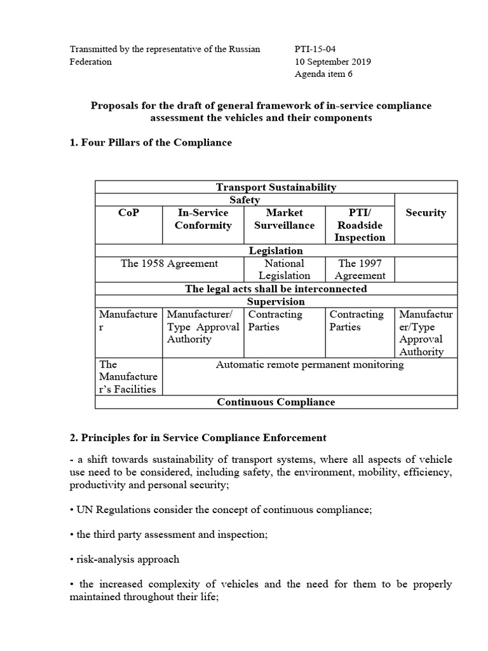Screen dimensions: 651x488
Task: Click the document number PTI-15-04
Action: pyautogui.click(x=316, y=50)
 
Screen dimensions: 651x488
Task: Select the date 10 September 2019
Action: pyautogui.click(x=333, y=62)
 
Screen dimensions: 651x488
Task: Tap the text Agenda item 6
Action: pyautogui.click(x=323, y=74)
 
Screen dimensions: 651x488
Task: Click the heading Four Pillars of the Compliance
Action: pyautogui.click(x=151, y=142)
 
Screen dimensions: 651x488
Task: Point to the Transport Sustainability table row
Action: pyautogui.click(x=276, y=187)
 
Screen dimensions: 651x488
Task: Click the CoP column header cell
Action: pyautogui.click(x=128, y=213)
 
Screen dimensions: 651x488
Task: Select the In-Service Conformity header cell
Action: pyautogui.click(x=203, y=219)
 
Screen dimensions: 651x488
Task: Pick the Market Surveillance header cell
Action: pyautogui.click(x=284, y=219)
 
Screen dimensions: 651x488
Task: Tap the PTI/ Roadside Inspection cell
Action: pyautogui.click(x=360, y=225)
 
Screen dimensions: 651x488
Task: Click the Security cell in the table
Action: pyautogui.click(x=426, y=213)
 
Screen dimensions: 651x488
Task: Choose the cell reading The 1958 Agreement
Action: pyautogui.click(x=169, y=263)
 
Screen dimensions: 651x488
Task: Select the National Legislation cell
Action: pyautogui.click(x=284, y=269)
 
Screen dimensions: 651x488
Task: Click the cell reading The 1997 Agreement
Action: pyautogui.click(x=360, y=269)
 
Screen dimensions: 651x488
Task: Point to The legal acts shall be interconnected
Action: pyautogui.click(x=276, y=289)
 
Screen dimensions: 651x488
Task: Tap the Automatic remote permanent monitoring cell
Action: pyautogui.click(x=309, y=365)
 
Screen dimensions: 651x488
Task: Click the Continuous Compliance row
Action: pyautogui.click(x=276, y=402)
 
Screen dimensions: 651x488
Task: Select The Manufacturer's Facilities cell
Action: pyautogui.click(x=128, y=376)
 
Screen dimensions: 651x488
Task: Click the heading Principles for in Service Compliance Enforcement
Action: pyautogui.click(x=198, y=437)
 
